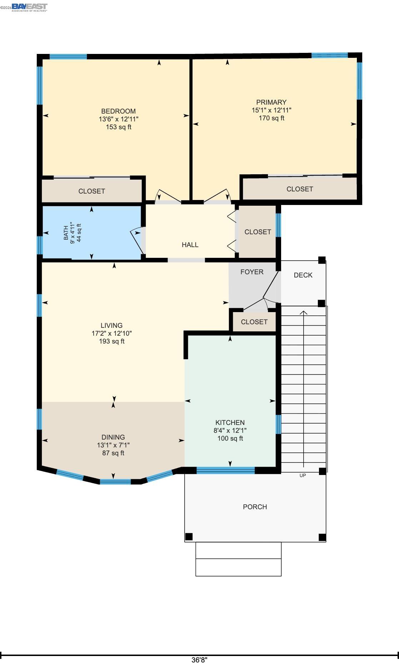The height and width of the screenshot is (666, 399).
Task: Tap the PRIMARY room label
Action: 271,102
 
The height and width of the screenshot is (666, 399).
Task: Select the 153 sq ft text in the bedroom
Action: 119,127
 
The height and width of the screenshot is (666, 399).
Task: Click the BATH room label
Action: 66,233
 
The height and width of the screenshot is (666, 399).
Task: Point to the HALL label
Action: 190,245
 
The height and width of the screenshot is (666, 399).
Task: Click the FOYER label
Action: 252,272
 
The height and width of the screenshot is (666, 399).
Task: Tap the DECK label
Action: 303,275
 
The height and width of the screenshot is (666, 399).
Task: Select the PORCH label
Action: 255,507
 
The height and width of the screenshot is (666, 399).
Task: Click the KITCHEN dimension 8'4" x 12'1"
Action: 230,431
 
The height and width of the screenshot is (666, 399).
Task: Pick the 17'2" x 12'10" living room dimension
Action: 111,334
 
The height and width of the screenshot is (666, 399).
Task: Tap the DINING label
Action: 113,437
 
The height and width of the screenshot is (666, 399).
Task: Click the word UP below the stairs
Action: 303,476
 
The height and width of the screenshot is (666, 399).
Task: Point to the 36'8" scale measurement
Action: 199,660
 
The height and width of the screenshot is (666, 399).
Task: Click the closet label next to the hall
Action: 258,232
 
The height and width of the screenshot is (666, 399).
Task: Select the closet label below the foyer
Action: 254,322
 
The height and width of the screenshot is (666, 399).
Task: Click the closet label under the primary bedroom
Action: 299,189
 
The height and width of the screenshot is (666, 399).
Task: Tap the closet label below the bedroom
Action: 91,191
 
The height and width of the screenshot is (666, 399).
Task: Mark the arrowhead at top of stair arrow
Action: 304,313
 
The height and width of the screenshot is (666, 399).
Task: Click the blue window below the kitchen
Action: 225,470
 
